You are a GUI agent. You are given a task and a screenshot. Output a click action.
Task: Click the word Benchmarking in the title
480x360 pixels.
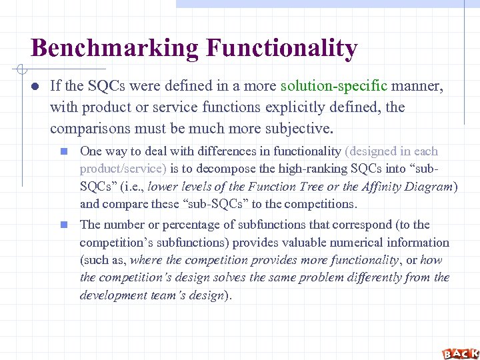pyautogui.click(x=115, y=48)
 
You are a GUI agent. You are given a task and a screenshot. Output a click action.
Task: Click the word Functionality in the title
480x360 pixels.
pyautogui.click(x=282, y=48)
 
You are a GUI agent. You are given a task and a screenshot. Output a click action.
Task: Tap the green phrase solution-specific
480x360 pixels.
pyautogui.click(x=334, y=85)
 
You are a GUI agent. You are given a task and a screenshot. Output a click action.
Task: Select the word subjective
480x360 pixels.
pyautogui.click(x=281, y=128)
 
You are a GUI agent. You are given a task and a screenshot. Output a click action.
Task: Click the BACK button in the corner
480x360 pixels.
pyautogui.click(x=460, y=353)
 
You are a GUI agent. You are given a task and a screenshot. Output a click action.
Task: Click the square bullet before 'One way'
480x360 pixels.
pyautogui.click(x=64, y=152)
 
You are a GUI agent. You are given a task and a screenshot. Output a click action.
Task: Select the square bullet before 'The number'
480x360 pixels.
pyautogui.click(x=64, y=225)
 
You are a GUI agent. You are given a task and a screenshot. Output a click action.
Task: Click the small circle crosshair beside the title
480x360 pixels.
pyautogui.click(x=21, y=69)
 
